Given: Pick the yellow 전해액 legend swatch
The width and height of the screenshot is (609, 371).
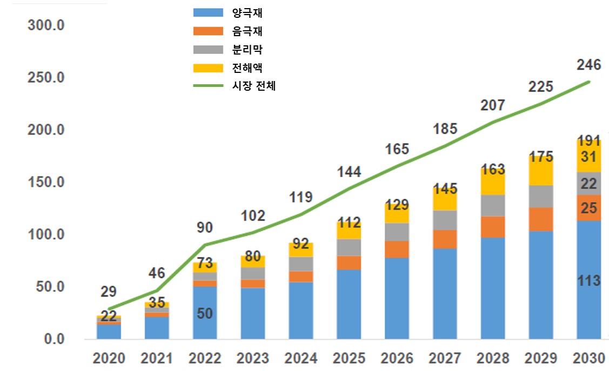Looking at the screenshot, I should click(x=208, y=68).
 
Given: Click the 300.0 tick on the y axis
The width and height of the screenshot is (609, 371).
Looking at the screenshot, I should click(x=46, y=25).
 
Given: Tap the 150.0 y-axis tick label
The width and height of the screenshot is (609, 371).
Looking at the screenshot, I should click(x=46, y=183).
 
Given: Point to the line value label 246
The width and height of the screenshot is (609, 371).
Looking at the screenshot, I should click(x=588, y=65).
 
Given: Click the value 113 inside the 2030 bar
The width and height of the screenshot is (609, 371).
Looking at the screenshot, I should click(x=589, y=281).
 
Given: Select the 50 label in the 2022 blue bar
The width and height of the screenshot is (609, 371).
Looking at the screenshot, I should click(x=205, y=313).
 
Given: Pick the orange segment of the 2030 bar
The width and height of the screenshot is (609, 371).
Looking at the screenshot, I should click(x=589, y=208).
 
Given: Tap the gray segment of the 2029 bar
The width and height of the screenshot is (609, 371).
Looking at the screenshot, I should click(x=541, y=197).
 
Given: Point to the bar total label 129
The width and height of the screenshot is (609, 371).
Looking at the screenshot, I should click(x=397, y=205).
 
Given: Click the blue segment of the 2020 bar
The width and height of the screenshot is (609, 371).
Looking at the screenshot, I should click(x=109, y=332).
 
